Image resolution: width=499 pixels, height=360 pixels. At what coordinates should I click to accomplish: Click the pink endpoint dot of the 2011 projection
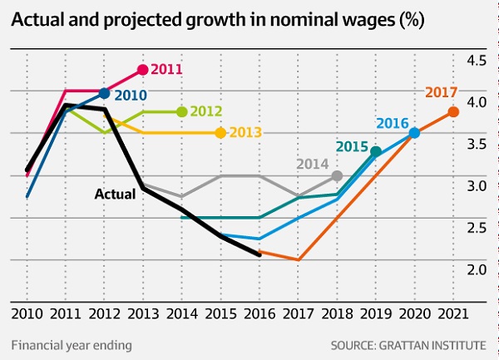pos(142,70)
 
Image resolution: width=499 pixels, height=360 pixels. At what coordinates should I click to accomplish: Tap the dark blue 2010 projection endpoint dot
pos(104,93)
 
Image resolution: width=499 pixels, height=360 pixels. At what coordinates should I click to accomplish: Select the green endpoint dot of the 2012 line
pos(181,111)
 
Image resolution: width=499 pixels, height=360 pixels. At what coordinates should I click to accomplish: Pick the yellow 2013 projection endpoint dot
pos(220,132)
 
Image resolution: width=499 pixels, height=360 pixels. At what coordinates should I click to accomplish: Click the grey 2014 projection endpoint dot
pos(337,175)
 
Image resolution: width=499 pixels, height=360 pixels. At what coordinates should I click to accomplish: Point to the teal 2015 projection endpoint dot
pos(376,151)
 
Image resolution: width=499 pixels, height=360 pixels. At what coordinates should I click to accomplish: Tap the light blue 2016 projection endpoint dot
pos(414,132)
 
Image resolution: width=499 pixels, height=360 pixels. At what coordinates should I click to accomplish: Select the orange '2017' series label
pos(442,93)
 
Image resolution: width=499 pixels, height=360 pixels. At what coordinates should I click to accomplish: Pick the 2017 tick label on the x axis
pos(298,313)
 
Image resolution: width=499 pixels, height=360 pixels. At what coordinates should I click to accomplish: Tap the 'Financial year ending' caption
pos(72,343)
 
